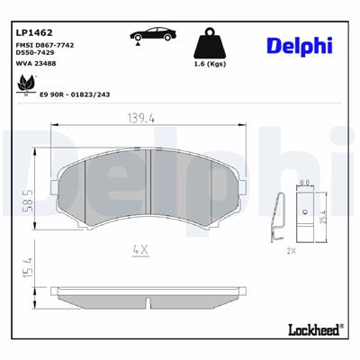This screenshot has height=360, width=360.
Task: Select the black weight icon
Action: tap(211, 44)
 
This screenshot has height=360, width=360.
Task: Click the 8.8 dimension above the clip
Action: tap(304, 184)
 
